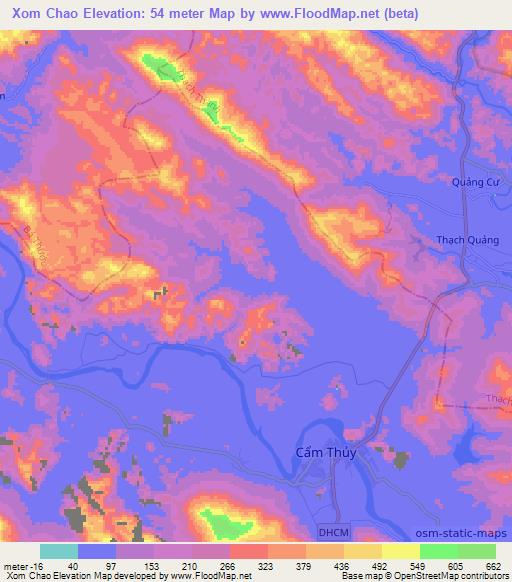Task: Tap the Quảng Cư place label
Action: pyautogui.click(x=471, y=182)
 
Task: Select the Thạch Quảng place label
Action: pyautogui.click(x=465, y=239)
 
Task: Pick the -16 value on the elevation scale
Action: pyautogui.click(x=34, y=565)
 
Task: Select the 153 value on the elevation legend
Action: pyautogui.click(x=153, y=565)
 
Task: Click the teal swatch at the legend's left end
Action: pyautogui.click(x=59, y=551)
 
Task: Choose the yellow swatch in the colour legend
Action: pyautogui.click(x=401, y=551)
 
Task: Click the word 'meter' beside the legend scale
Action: pyautogui.click(x=15, y=565)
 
